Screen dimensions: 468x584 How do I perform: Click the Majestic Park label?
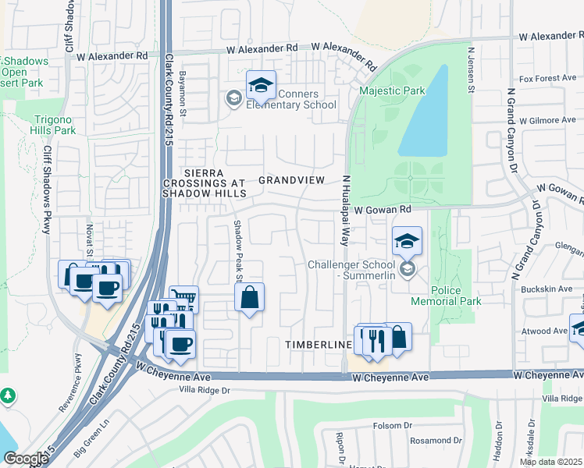(x=392, y=90)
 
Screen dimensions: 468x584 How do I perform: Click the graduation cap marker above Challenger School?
(x=407, y=242)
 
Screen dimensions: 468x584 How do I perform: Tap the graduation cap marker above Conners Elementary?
(x=262, y=86)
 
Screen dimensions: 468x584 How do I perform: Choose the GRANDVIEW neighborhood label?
(x=291, y=180)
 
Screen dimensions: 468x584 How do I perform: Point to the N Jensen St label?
(x=471, y=69)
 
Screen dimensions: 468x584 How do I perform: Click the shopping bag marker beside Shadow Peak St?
(x=249, y=297)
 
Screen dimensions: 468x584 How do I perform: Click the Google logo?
(x=26, y=459)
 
